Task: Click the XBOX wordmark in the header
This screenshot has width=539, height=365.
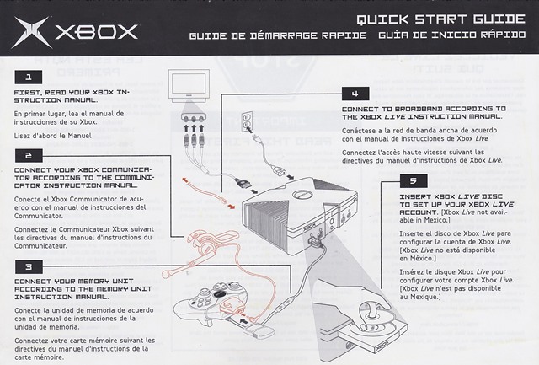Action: pos(97,34)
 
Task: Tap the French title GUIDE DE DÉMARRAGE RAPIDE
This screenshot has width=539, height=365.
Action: pos(278,36)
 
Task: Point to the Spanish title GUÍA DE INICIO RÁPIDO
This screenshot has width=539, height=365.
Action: pos(451,36)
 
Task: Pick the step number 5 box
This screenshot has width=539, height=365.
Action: pos(412,181)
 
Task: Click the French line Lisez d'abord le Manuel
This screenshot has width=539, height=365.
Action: pos(52,136)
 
